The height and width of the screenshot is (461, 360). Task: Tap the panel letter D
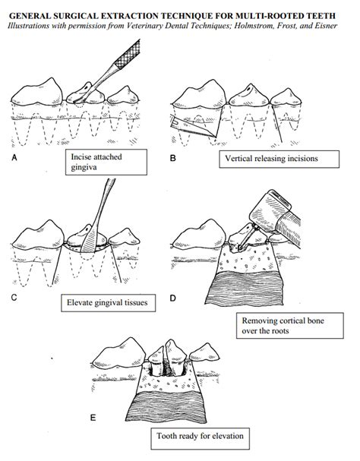(x=174, y=298)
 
